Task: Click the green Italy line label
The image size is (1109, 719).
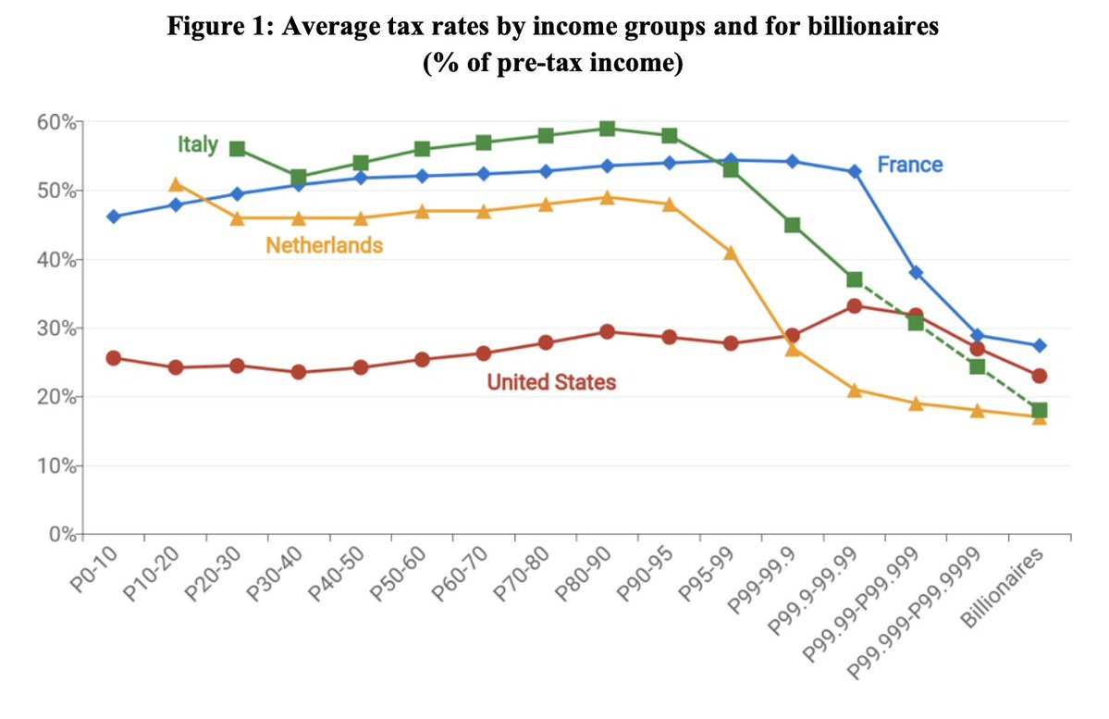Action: (197, 144)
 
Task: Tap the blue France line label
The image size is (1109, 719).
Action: (910, 165)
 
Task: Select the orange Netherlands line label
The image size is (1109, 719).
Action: (324, 245)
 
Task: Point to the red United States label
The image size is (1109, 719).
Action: (551, 381)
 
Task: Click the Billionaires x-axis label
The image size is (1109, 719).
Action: (1004, 589)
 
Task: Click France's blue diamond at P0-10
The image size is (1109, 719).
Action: (114, 217)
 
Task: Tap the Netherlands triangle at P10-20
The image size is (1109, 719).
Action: (176, 185)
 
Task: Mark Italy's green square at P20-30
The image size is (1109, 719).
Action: (237, 149)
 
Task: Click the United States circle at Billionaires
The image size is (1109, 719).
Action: (1039, 376)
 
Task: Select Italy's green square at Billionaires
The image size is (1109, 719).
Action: (1039, 410)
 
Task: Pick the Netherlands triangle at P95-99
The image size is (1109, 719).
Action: (731, 253)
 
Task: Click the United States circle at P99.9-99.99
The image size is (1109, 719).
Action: (855, 306)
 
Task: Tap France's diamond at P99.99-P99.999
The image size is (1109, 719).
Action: (916, 273)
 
